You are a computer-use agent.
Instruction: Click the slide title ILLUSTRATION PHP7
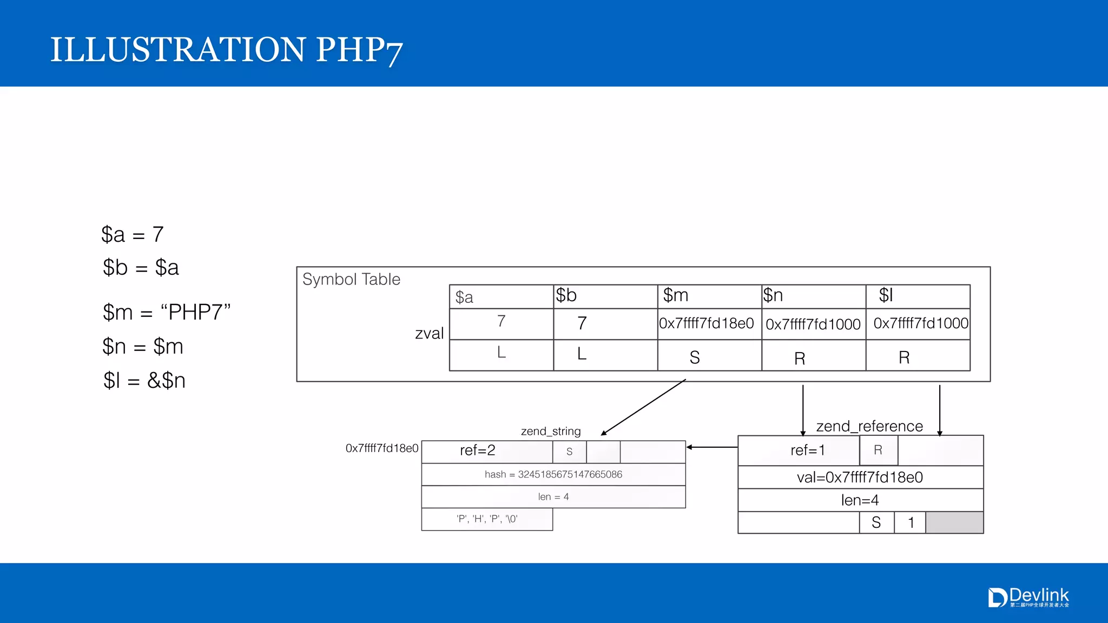click(226, 50)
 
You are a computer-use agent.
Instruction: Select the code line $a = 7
click(133, 235)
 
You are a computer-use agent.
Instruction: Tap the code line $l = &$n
click(144, 381)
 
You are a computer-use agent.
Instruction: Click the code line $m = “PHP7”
click(167, 313)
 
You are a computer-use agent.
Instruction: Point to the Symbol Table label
click(351, 280)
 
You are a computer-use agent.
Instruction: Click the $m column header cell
click(709, 296)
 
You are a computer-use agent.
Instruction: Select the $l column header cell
click(918, 296)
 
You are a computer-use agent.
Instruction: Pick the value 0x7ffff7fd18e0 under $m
click(707, 323)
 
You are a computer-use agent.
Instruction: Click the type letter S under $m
click(695, 357)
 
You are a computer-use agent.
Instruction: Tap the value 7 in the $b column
click(582, 323)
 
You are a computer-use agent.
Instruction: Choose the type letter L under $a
click(502, 353)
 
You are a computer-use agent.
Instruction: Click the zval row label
click(430, 334)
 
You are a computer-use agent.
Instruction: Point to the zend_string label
click(551, 431)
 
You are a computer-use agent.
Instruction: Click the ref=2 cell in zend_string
click(478, 450)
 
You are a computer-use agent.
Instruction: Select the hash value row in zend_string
click(553, 474)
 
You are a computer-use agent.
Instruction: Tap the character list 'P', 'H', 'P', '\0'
click(487, 519)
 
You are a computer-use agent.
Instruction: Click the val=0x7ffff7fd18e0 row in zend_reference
click(860, 478)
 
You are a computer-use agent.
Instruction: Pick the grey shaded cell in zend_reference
click(954, 523)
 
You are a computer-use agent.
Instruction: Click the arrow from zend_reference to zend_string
click(712, 447)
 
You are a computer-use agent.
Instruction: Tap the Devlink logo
click(1028, 598)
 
